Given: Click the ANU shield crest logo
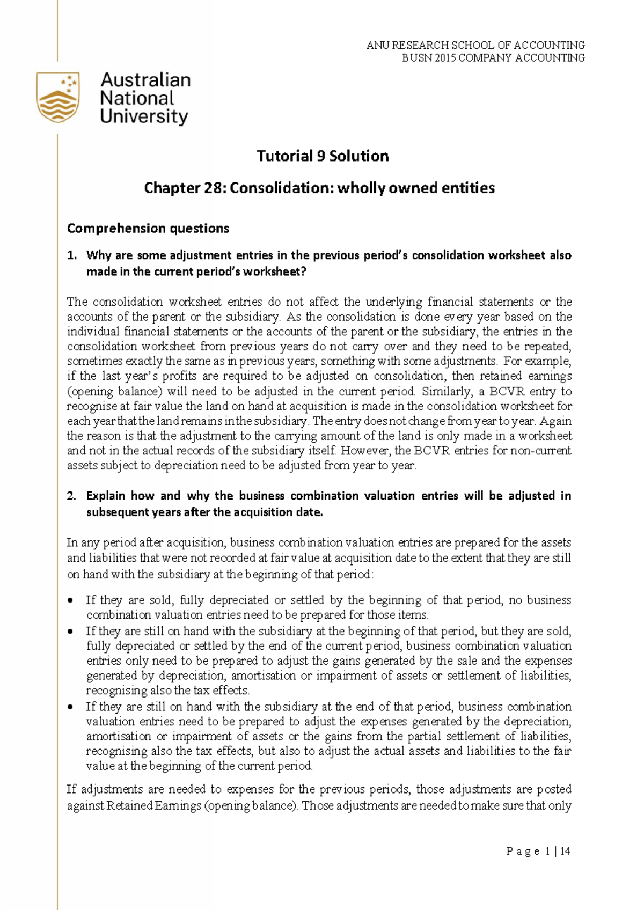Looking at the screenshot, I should pyautogui.click(x=58, y=98).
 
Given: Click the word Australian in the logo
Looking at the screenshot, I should pyautogui.click(x=145, y=80).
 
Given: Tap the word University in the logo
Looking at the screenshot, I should pyautogui.click(x=144, y=116).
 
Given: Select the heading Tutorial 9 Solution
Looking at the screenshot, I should pyautogui.click(x=322, y=156).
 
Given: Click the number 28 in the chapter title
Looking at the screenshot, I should pyautogui.click(x=206, y=188).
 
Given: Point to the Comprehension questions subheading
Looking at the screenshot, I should pyautogui.click(x=148, y=229).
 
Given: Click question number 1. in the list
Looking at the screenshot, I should pyautogui.click(x=72, y=255).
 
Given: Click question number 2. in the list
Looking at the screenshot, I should pyautogui.click(x=72, y=496).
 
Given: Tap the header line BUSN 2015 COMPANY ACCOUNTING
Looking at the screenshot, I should pyautogui.click(x=493, y=57).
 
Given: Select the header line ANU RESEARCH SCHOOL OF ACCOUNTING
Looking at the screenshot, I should pyautogui.click(x=475, y=45).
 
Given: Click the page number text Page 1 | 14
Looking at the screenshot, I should pyautogui.click(x=538, y=852).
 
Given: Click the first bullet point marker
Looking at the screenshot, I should pyautogui.click(x=71, y=601).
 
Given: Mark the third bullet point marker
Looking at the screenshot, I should pyautogui.click(x=71, y=708).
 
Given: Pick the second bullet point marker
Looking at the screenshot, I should pyautogui.click(x=71, y=632).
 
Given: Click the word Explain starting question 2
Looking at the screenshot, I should pyautogui.click(x=105, y=496).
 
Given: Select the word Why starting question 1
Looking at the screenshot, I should pyautogui.click(x=98, y=255).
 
